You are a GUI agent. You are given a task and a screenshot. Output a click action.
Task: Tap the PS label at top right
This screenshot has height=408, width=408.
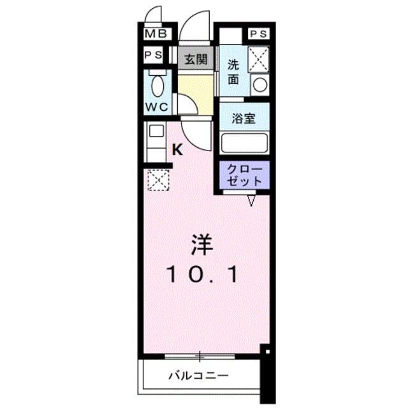pyautogui.click(x=258, y=34)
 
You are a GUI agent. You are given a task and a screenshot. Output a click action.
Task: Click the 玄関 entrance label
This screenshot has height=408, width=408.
pyautogui.click(x=195, y=59)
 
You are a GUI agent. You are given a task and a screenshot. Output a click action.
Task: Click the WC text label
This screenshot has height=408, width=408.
pyautogui.click(x=157, y=107)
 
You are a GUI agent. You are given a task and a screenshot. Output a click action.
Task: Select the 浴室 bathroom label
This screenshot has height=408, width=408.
pyautogui.click(x=245, y=118)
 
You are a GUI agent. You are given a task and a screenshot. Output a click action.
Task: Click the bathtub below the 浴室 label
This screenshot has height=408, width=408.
pyautogui.click(x=245, y=142)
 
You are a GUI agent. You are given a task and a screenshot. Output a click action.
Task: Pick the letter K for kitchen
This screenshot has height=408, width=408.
pyautogui.click(x=178, y=150)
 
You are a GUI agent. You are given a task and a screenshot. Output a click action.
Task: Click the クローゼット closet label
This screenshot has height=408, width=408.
pyautogui.click(x=245, y=175)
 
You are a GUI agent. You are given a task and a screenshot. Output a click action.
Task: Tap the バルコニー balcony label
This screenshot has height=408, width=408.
pyautogui.click(x=198, y=375)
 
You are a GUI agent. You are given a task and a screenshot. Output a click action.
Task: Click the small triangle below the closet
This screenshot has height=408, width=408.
pyautogui.click(x=251, y=201)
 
